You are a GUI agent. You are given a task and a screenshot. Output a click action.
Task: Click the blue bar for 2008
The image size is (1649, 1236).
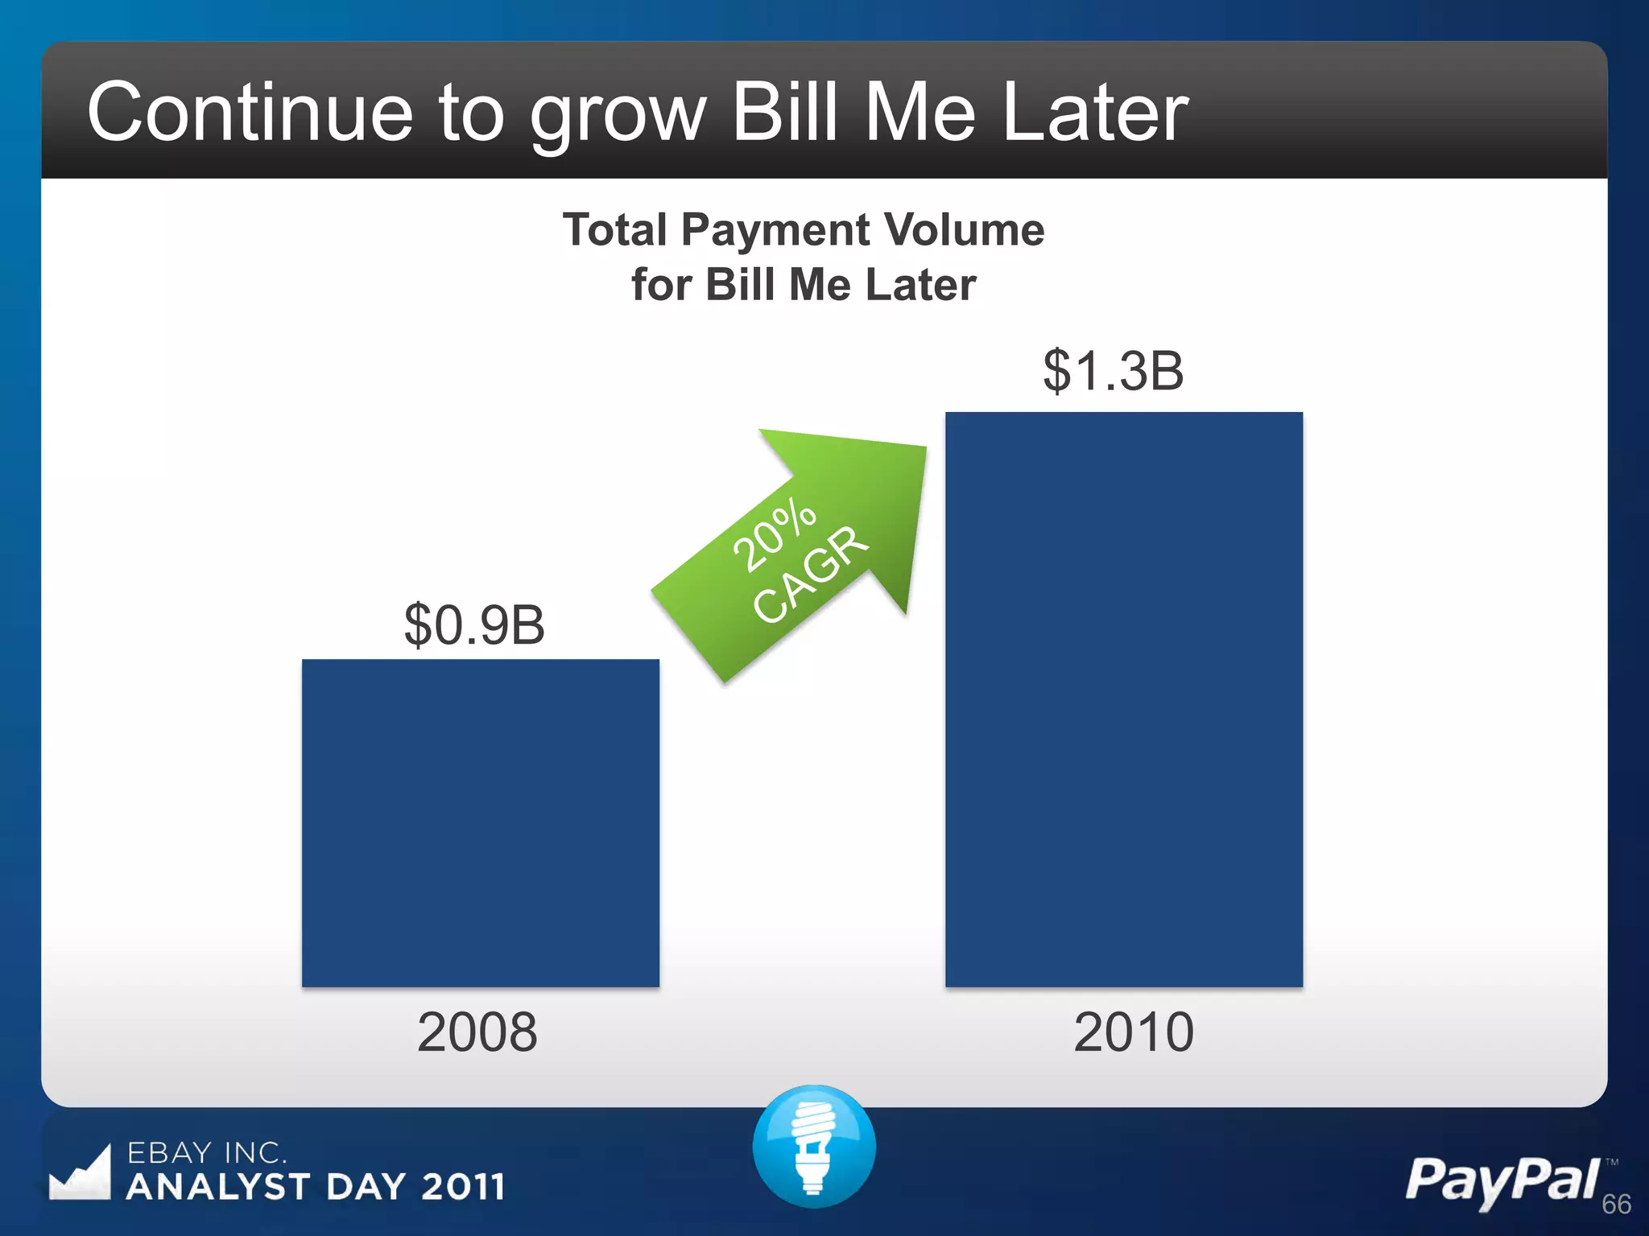click(480, 822)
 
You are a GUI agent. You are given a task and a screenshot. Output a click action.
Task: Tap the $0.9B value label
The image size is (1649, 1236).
click(474, 625)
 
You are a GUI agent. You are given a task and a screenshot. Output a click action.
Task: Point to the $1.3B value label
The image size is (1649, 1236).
click(1113, 371)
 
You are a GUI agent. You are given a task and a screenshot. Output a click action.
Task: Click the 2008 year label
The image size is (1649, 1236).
click(477, 1032)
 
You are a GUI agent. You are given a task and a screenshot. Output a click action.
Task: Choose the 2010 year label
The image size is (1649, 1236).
click(1133, 1032)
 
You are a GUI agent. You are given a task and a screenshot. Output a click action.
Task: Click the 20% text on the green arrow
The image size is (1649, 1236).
click(774, 534)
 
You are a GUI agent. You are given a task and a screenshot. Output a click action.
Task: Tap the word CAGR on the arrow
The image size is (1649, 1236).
click(811, 574)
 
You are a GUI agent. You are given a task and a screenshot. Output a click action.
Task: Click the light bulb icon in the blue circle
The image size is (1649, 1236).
click(813, 1146)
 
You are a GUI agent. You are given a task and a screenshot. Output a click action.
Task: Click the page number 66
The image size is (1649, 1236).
click(1616, 1205)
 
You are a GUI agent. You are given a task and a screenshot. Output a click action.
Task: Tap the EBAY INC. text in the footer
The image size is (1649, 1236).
click(206, 1153)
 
